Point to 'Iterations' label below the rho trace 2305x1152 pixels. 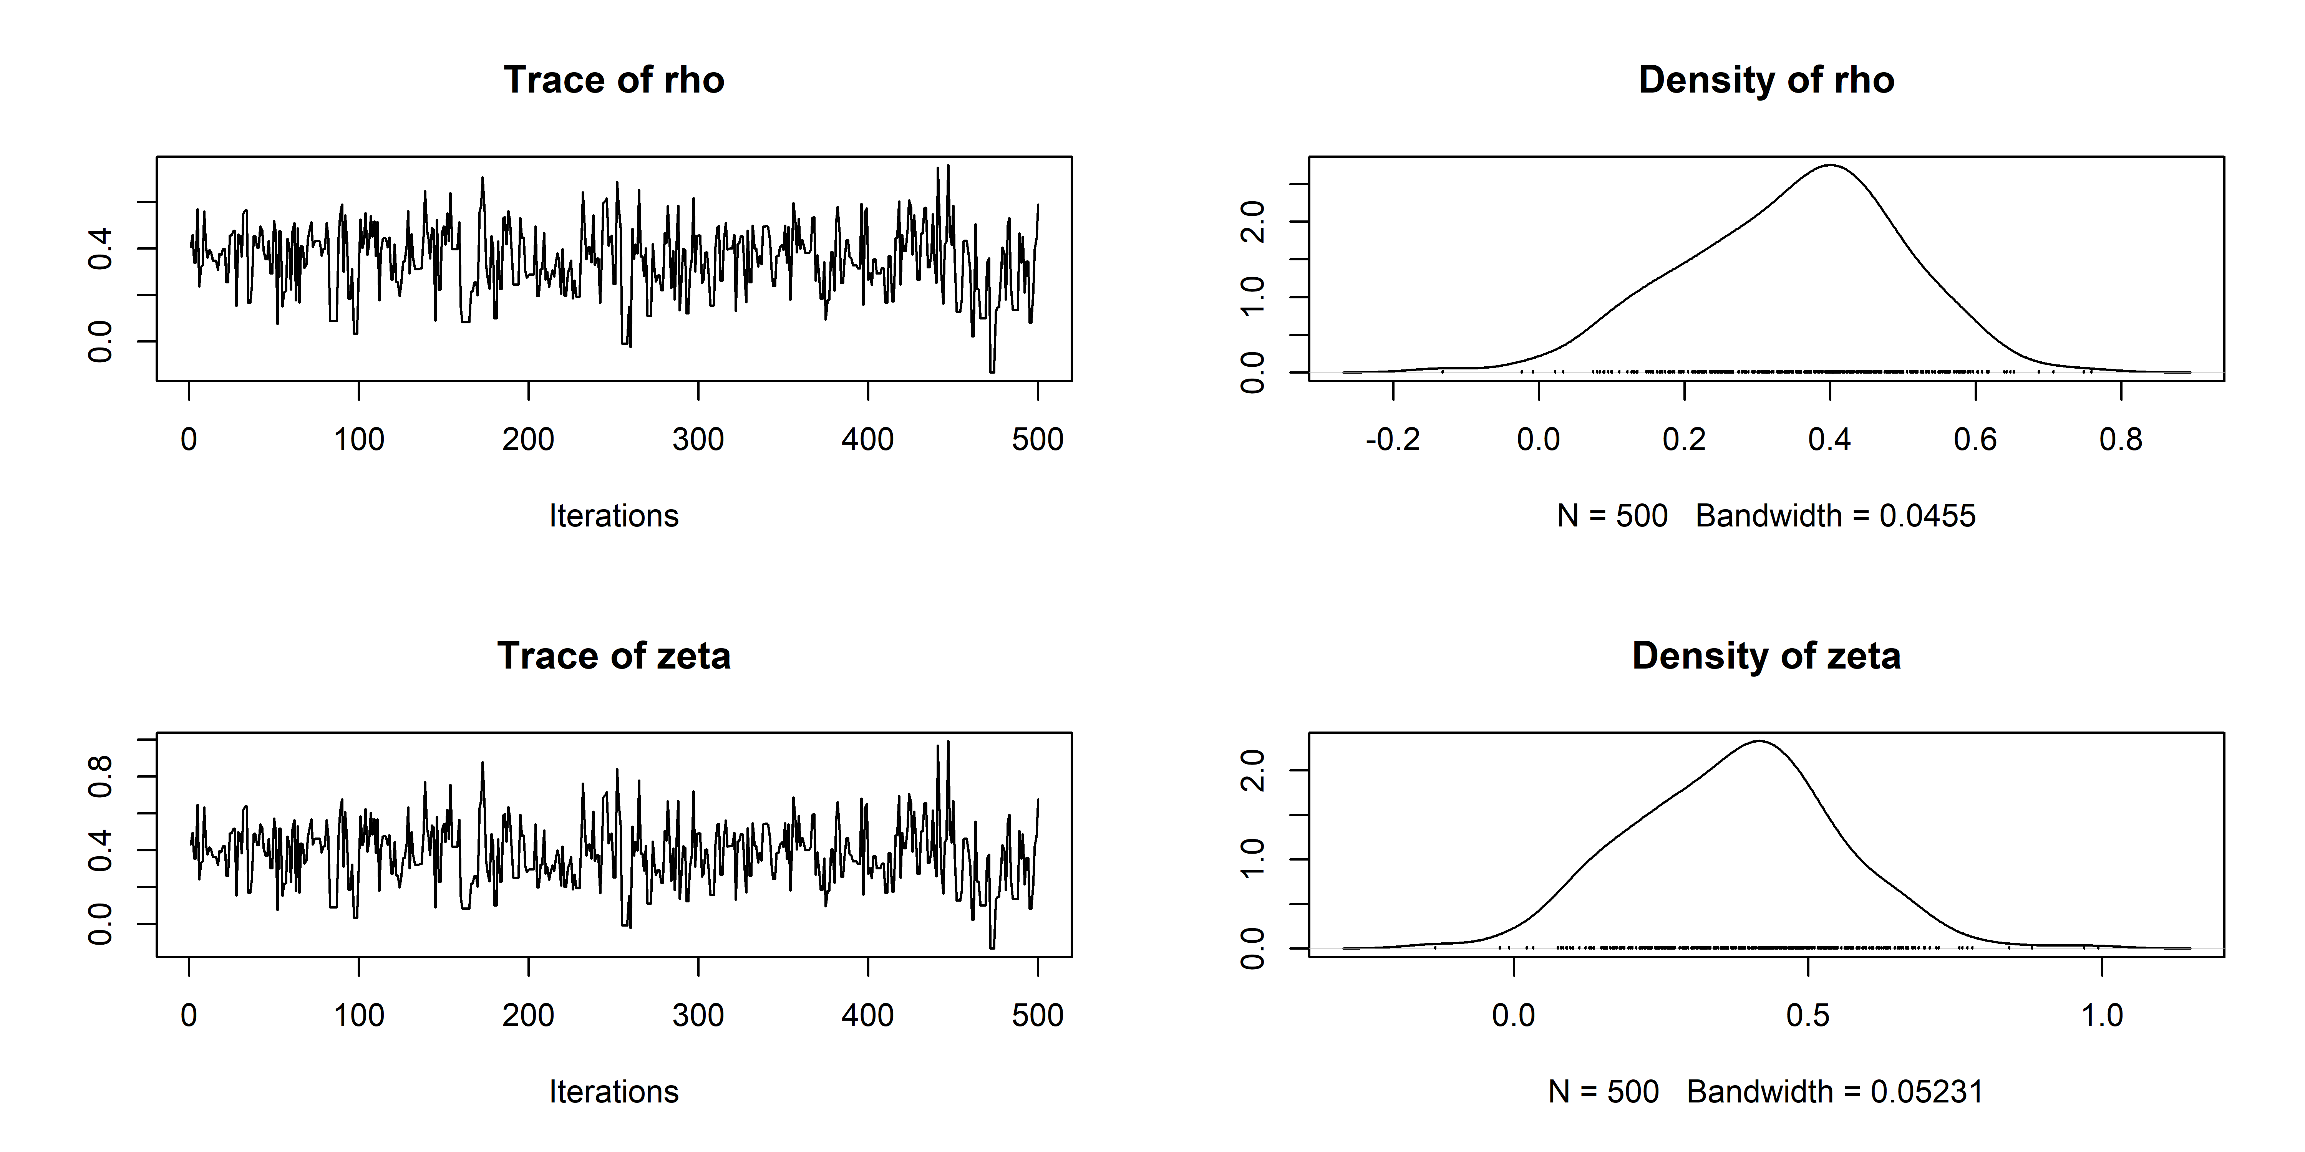tap(614, 516)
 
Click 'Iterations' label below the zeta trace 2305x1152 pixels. tap(614, 1092)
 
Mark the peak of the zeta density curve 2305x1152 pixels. tap(1759, 742)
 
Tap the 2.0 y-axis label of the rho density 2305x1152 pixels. tap(1253, 221)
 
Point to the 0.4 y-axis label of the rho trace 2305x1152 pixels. tap(100, 249)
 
